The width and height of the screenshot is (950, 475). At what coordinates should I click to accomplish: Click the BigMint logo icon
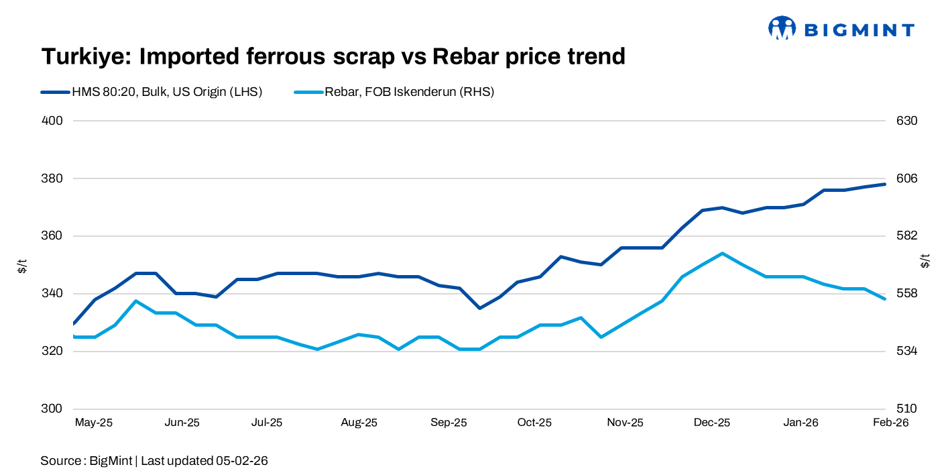(x=782, y=28)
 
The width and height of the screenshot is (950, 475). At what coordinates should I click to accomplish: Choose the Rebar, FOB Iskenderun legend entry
(x=409, y=93)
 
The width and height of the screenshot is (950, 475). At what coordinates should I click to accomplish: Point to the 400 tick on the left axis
(x=53, y=121)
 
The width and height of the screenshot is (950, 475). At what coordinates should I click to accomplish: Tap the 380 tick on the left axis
(x=53, y=179)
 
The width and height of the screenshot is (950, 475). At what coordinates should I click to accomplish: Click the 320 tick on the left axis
(x=53, y=352)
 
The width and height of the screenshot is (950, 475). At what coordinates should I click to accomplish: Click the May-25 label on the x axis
(x=93, y=423)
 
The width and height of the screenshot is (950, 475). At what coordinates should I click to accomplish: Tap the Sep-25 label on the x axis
(x=449, y=423)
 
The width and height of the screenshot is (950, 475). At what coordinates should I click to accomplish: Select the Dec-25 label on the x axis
(x=711, y=423)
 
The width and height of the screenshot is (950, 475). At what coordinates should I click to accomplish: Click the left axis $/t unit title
(x=22, y=265)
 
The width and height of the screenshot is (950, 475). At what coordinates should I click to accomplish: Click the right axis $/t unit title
(x=926, y=260)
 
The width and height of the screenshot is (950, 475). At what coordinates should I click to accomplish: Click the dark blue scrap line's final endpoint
(x=885, y=184)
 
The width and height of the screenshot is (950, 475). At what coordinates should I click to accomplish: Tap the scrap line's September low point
(x=479, y=308)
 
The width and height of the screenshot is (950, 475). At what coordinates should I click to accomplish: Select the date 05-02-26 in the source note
(x=242, y=461)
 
